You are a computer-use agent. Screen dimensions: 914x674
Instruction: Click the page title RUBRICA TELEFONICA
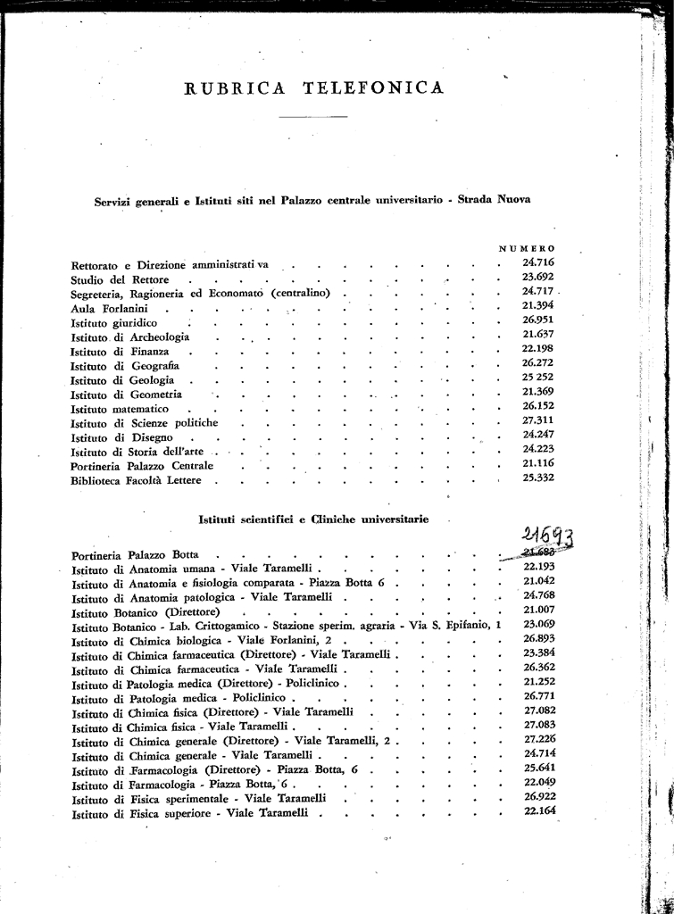312,87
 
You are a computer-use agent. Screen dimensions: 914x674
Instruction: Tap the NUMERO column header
527,247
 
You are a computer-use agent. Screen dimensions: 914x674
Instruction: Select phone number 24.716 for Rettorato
538,262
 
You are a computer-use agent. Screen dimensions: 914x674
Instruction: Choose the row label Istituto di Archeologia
129,337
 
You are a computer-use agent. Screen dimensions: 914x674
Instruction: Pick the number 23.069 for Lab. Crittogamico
539,624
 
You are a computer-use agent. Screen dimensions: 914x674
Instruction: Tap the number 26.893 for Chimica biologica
539,639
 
